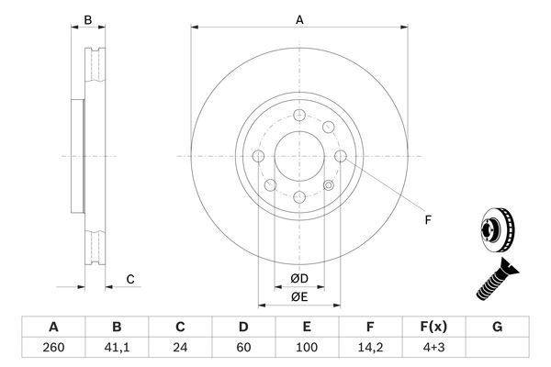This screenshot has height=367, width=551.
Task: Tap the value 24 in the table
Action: click(x=181, y=348)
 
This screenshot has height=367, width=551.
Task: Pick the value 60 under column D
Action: click(x=243, y=348)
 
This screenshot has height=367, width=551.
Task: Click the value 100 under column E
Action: click(x=308, y=348)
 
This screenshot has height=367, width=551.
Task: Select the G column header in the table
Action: click(x=498, y=326)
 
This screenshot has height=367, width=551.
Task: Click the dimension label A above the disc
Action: click(x=299, y=18)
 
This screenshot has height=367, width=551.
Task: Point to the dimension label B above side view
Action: click(x=88, y=19)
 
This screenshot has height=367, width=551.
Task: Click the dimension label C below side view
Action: click(x=130, y=279)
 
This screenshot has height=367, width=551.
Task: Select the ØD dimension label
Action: click(x=299, y=279)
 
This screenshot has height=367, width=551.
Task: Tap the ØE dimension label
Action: click(x=299, y=296)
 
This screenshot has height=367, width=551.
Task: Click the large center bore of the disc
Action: click(x=299, y=156)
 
